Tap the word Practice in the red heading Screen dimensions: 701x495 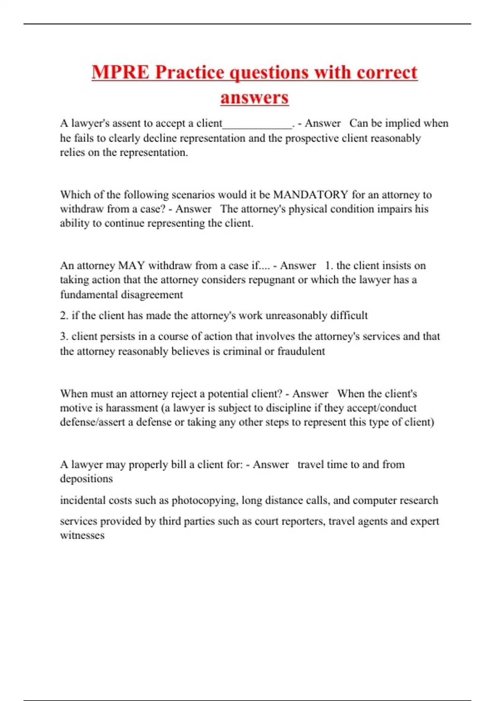[x=190, y=73]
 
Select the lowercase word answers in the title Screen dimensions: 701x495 [x=255, y=98]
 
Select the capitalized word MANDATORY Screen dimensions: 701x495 [x=311, y=195]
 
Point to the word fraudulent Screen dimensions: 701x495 [x=301, y=351]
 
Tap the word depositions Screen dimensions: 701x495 [x=86, y=479]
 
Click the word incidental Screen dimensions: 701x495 [x=82, y=501]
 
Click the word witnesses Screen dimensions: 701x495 [x=82, y=536]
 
